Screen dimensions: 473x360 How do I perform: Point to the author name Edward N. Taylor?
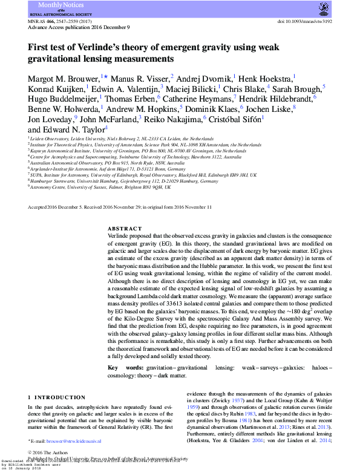pos(67,129)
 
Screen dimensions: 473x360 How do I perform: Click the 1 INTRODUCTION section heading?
pos(57,398)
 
